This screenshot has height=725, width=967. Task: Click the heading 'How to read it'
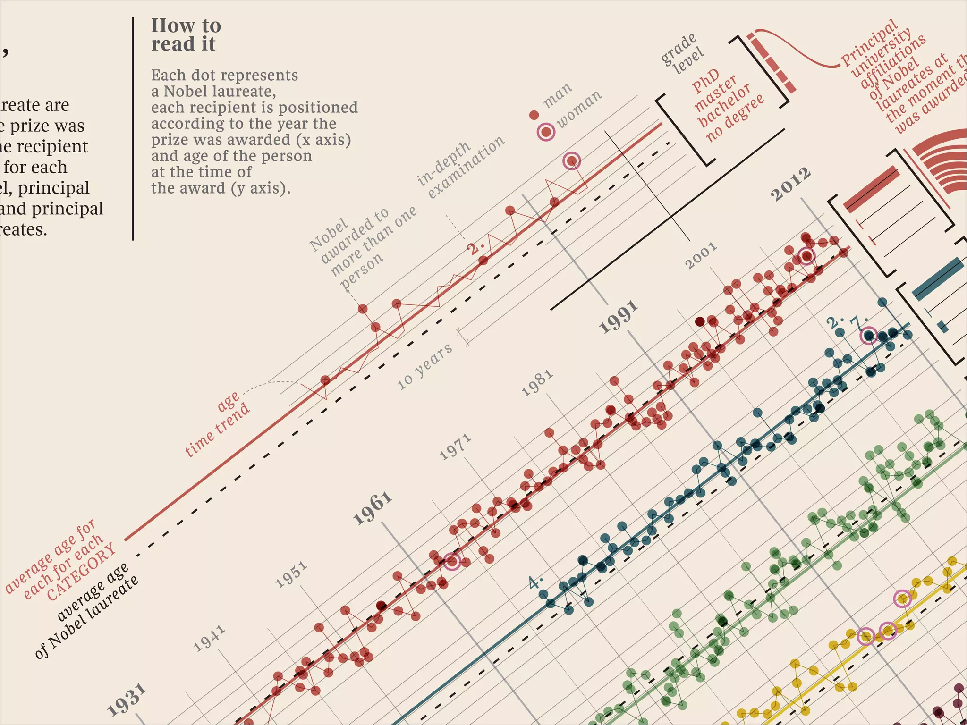186,35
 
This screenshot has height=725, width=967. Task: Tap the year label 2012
791,184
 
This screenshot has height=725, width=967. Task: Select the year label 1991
619,317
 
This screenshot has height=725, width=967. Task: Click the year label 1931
126,700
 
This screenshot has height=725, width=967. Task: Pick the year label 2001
701,255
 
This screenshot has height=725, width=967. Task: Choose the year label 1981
537,383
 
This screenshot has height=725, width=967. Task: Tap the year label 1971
455,447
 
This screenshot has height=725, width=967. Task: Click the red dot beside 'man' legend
534,115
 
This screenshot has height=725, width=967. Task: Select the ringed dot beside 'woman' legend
546,132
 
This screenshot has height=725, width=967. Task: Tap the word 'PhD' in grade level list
706,81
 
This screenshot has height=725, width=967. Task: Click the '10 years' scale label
424,366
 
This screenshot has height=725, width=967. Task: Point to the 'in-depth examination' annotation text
460,168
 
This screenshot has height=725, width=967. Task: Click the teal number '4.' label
535,582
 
